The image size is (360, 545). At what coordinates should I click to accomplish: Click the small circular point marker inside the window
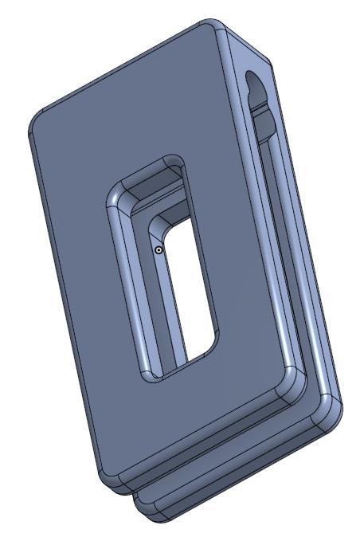tap(158, 250)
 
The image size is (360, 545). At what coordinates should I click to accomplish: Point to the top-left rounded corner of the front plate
tap(39, 120)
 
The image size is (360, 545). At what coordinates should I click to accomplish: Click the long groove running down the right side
tap(275, 239)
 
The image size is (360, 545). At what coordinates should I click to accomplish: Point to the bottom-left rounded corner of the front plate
tap(108, 476)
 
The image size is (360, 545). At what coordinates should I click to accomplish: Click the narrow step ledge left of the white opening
tap(166, 303)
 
